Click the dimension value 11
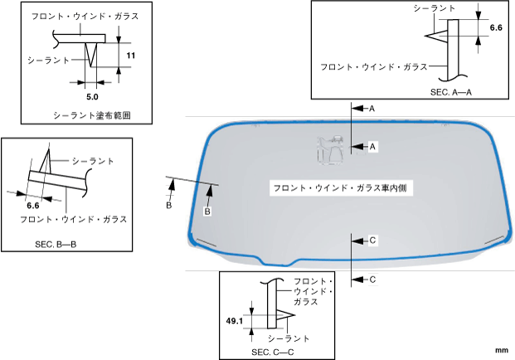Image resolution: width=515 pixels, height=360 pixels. coord(131,55)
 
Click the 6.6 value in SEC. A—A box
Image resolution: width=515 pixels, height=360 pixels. coord(496,27)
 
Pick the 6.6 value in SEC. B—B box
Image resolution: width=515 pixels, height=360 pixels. coord(34,205)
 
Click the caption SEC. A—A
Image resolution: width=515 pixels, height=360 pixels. coord(451,92)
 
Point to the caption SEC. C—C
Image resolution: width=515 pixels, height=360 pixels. coord(273,353)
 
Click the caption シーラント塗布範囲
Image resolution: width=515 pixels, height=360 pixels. coord(91,114)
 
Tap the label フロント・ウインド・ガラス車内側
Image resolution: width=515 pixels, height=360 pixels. coord(343,188)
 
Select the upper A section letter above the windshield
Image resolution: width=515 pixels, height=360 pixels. coord(372,109)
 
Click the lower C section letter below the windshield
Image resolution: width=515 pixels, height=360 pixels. coord(372,280)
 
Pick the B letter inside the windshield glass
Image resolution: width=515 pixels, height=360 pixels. coord(207,212)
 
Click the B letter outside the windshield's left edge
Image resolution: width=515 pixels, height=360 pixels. coord(168,205)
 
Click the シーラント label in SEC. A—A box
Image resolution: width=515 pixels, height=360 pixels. coord(435,7)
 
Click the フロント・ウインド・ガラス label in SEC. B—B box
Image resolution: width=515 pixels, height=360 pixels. coord(74,219)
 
